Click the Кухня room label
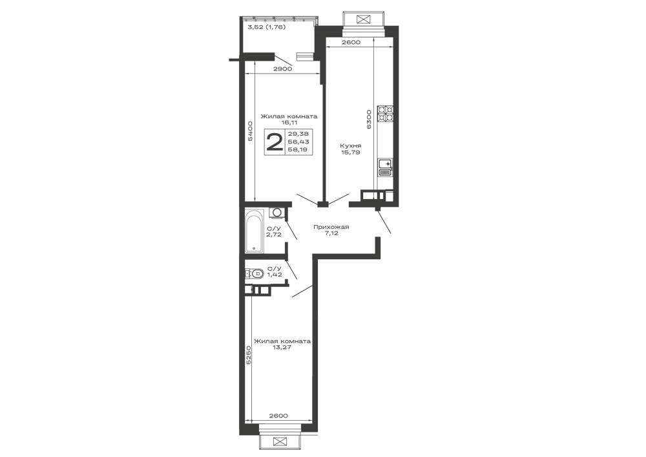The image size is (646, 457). (x=351, y=146)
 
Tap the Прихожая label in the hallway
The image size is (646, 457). (x=331, y=227)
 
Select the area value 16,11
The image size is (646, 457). (x=289, y=122)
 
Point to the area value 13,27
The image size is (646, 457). (x=282, y=347)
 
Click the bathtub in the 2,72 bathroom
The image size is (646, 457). (x=254, y=231)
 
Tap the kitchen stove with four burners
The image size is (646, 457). (x=386, y=114)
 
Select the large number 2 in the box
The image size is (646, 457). (x=275, y=142)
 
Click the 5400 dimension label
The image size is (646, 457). (x=249, y=131)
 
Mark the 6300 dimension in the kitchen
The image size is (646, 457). (x=369, y=119)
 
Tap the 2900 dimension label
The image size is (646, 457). (x=283, y=69)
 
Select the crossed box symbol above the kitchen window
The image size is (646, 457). (x=363, y=19)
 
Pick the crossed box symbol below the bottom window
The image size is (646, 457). (x=280, y=441)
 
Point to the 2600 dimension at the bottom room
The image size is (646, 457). (x=278, y=416)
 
